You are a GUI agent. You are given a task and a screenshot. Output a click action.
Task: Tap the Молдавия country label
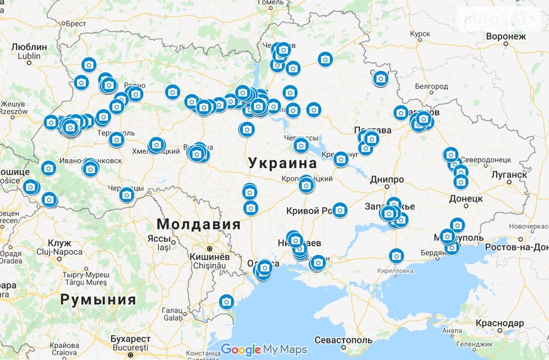pyautogui.click(x=199, y=224)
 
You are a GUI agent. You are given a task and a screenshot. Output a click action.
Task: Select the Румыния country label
pyautogui.click(x=98, y=300)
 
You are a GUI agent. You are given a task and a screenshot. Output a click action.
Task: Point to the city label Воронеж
pyautogui.click(x=505, y=36)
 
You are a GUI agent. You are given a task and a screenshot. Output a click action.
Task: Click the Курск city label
pyautogui.click(x=419, y=34)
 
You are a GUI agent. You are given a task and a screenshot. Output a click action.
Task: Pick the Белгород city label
pyautogui.click(x=431, y=86)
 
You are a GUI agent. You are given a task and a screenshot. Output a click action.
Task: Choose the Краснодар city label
pyautogui.click(x=499, y=323)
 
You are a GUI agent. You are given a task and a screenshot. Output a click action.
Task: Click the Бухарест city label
pyautogui.click(x=130, y=339)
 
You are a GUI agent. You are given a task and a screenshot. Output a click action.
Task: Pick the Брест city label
pyautogui.click(x=76, y=23)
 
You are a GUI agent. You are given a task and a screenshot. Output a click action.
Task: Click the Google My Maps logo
pyautogui.click(x=263, y=349)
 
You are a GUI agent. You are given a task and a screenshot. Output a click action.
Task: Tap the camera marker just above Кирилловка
pyautogui.click(x=396, y=256)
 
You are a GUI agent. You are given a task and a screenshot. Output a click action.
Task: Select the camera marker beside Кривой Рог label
pyautogui.click(x=340, y=209)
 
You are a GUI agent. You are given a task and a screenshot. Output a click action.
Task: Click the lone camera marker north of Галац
pyautogui.click(x=227, y=302)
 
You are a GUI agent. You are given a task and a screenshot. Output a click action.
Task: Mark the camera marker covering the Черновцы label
pyautogui.click(x=127, y=194)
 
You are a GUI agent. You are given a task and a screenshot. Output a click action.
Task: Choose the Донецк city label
pyautogui.click(x=465, y=199)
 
